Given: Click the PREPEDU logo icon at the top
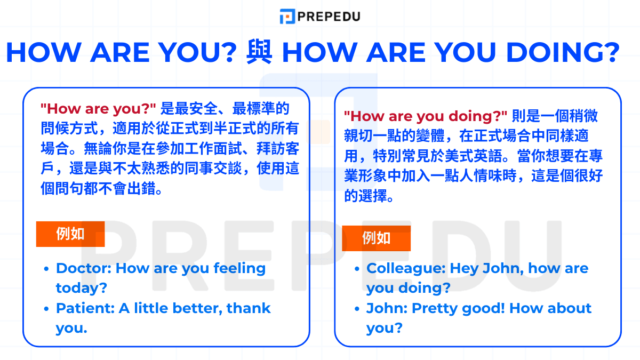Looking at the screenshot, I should point(287,16).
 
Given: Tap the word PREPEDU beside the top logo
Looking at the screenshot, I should point(328,16).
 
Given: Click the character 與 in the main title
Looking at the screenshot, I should point(259,52).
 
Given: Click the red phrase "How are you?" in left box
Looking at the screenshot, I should point(98,109).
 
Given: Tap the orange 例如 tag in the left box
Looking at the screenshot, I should point(70,234).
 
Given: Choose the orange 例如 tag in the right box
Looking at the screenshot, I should point(376,238).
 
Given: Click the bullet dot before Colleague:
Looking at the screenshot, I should point(357,269).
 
